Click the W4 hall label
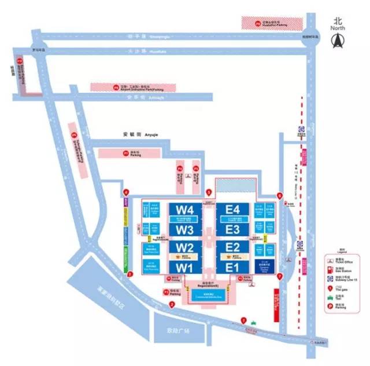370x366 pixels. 184,208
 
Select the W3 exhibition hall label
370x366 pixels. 184,229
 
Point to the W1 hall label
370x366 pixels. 184,268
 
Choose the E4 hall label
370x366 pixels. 232,208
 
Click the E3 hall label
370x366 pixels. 232,229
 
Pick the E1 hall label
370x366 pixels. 232,268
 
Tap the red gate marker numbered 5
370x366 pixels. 209,192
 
